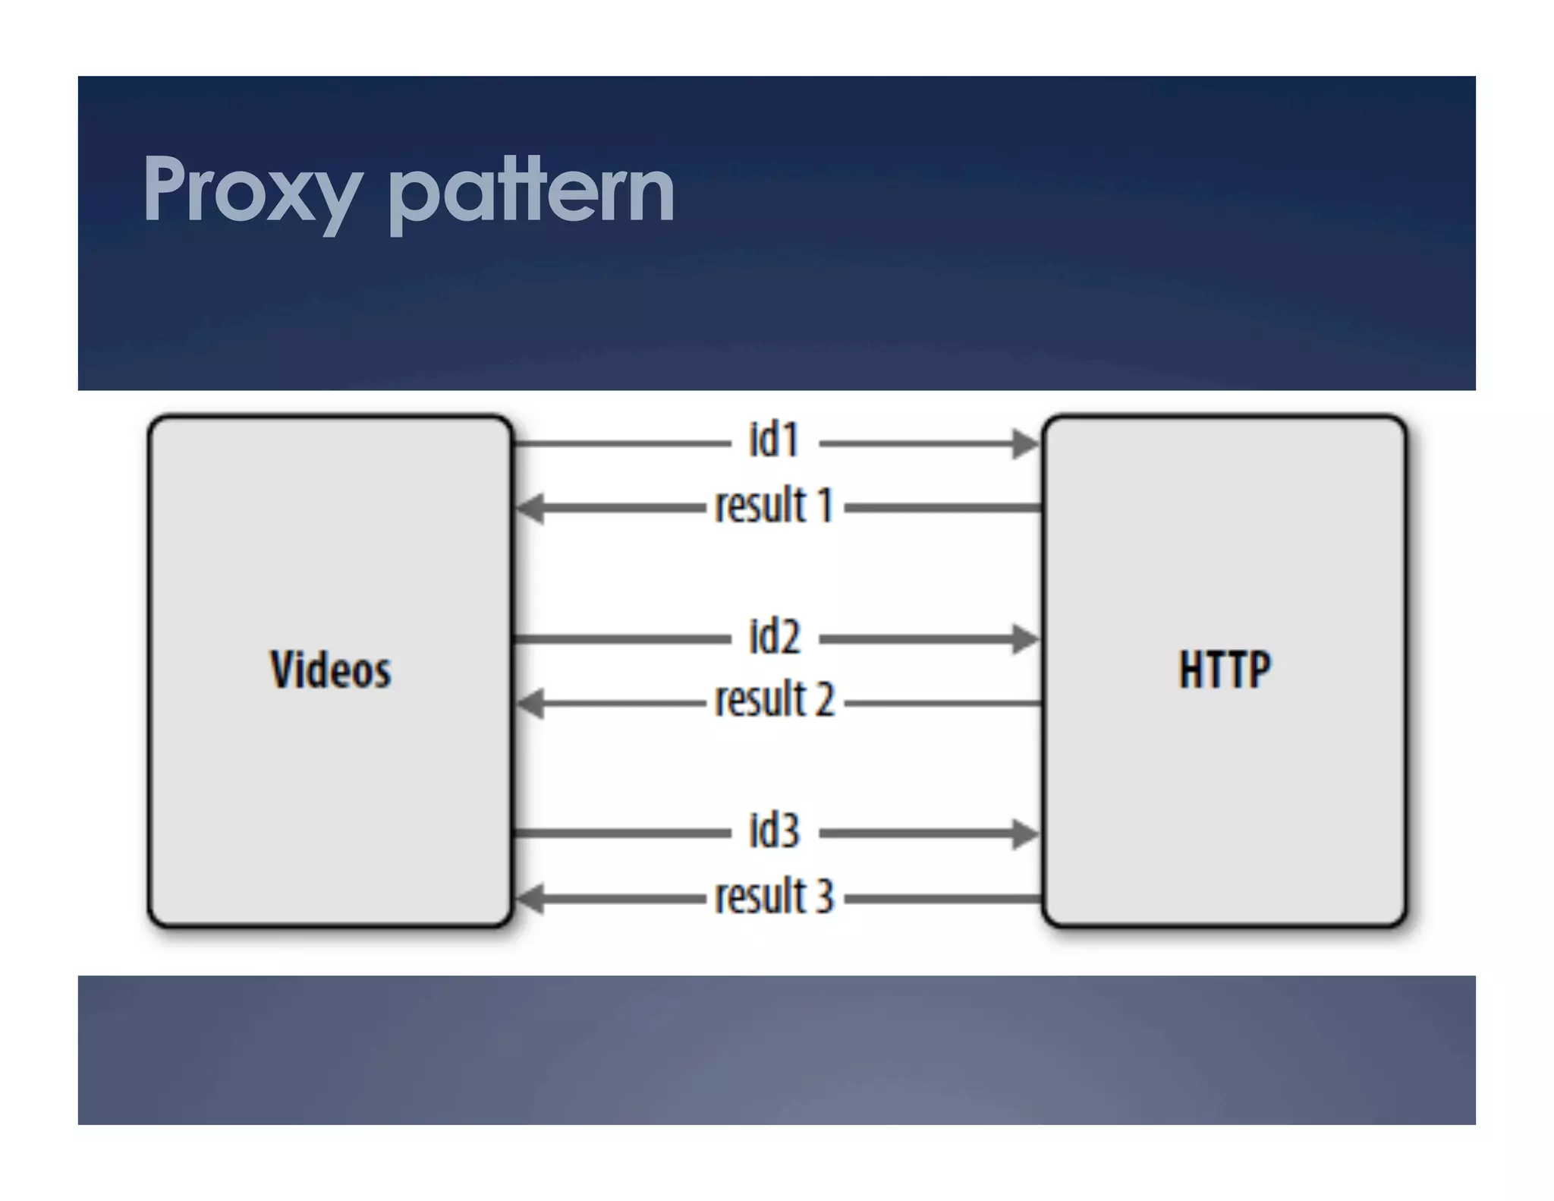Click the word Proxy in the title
[x=250, y=190]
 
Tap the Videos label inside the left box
[x=331, y=670]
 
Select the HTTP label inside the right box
[x=1224, y=670]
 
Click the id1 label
[x=774, y=440]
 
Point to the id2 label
[x=774, y=636]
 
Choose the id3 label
[x=774, y=831]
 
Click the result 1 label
[x=774, y=506]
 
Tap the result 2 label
[x=774, y=700]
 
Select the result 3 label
[x=774, y=896]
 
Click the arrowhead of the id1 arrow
[x=1026, y=443]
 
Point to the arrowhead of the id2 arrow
[x=1026, y=638]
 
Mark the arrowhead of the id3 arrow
[x=1026, y=834]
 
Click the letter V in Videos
[x=282, y=670]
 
